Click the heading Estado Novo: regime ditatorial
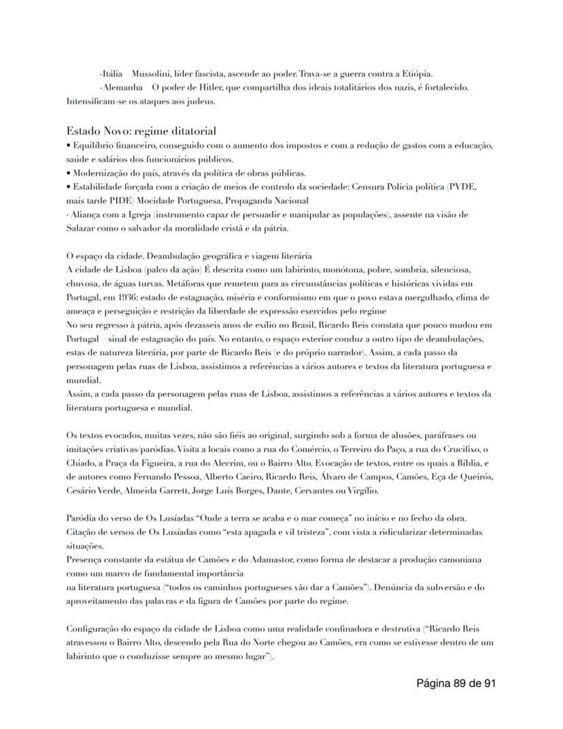pyautogui.click(x=141, y=131)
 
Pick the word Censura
pyautogui.click(x=370, y=187)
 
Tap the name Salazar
pyautogui.click(x=82, y=228)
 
